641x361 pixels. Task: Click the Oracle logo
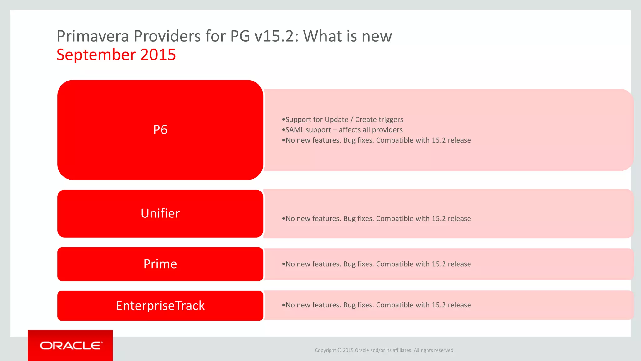[x=71, y=345]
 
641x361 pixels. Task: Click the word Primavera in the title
[x=93, y=36]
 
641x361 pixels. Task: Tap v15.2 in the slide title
[x=274, y=36]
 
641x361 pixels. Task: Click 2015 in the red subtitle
[x=158, y=55]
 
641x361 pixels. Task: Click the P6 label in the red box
[x=160, y=130]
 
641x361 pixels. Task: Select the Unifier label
[x=160, y=213]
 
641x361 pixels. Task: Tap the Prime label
[x=160, y=264]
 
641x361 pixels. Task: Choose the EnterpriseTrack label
[x=160, y=306]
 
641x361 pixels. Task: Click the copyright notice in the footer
[x=384, y=350]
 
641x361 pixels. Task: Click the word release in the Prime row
[x=459, y=264]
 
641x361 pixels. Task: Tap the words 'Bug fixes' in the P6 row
[x=358, y=140]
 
